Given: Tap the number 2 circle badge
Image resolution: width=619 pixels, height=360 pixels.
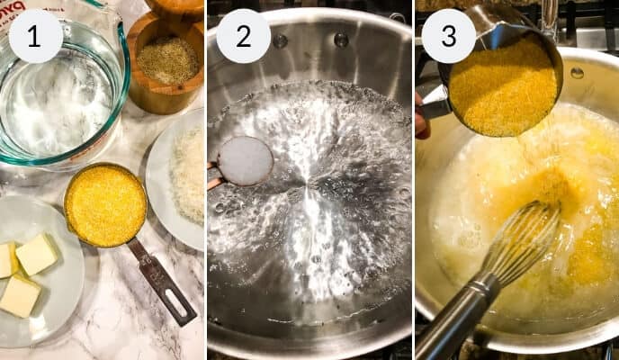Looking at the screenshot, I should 243,36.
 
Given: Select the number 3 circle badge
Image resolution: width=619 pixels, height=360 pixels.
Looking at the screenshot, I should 448,36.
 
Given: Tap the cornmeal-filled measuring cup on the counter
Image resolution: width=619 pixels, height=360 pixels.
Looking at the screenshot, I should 105,205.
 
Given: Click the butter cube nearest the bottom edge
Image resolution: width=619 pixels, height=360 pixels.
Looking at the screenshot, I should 20,295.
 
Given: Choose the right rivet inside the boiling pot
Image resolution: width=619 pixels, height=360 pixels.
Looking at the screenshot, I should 341,40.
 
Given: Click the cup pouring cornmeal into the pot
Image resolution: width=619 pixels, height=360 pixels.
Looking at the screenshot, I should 504,85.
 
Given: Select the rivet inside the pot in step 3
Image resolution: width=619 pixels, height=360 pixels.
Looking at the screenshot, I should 576,72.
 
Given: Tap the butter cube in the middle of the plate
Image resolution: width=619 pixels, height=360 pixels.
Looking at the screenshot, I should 37,254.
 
